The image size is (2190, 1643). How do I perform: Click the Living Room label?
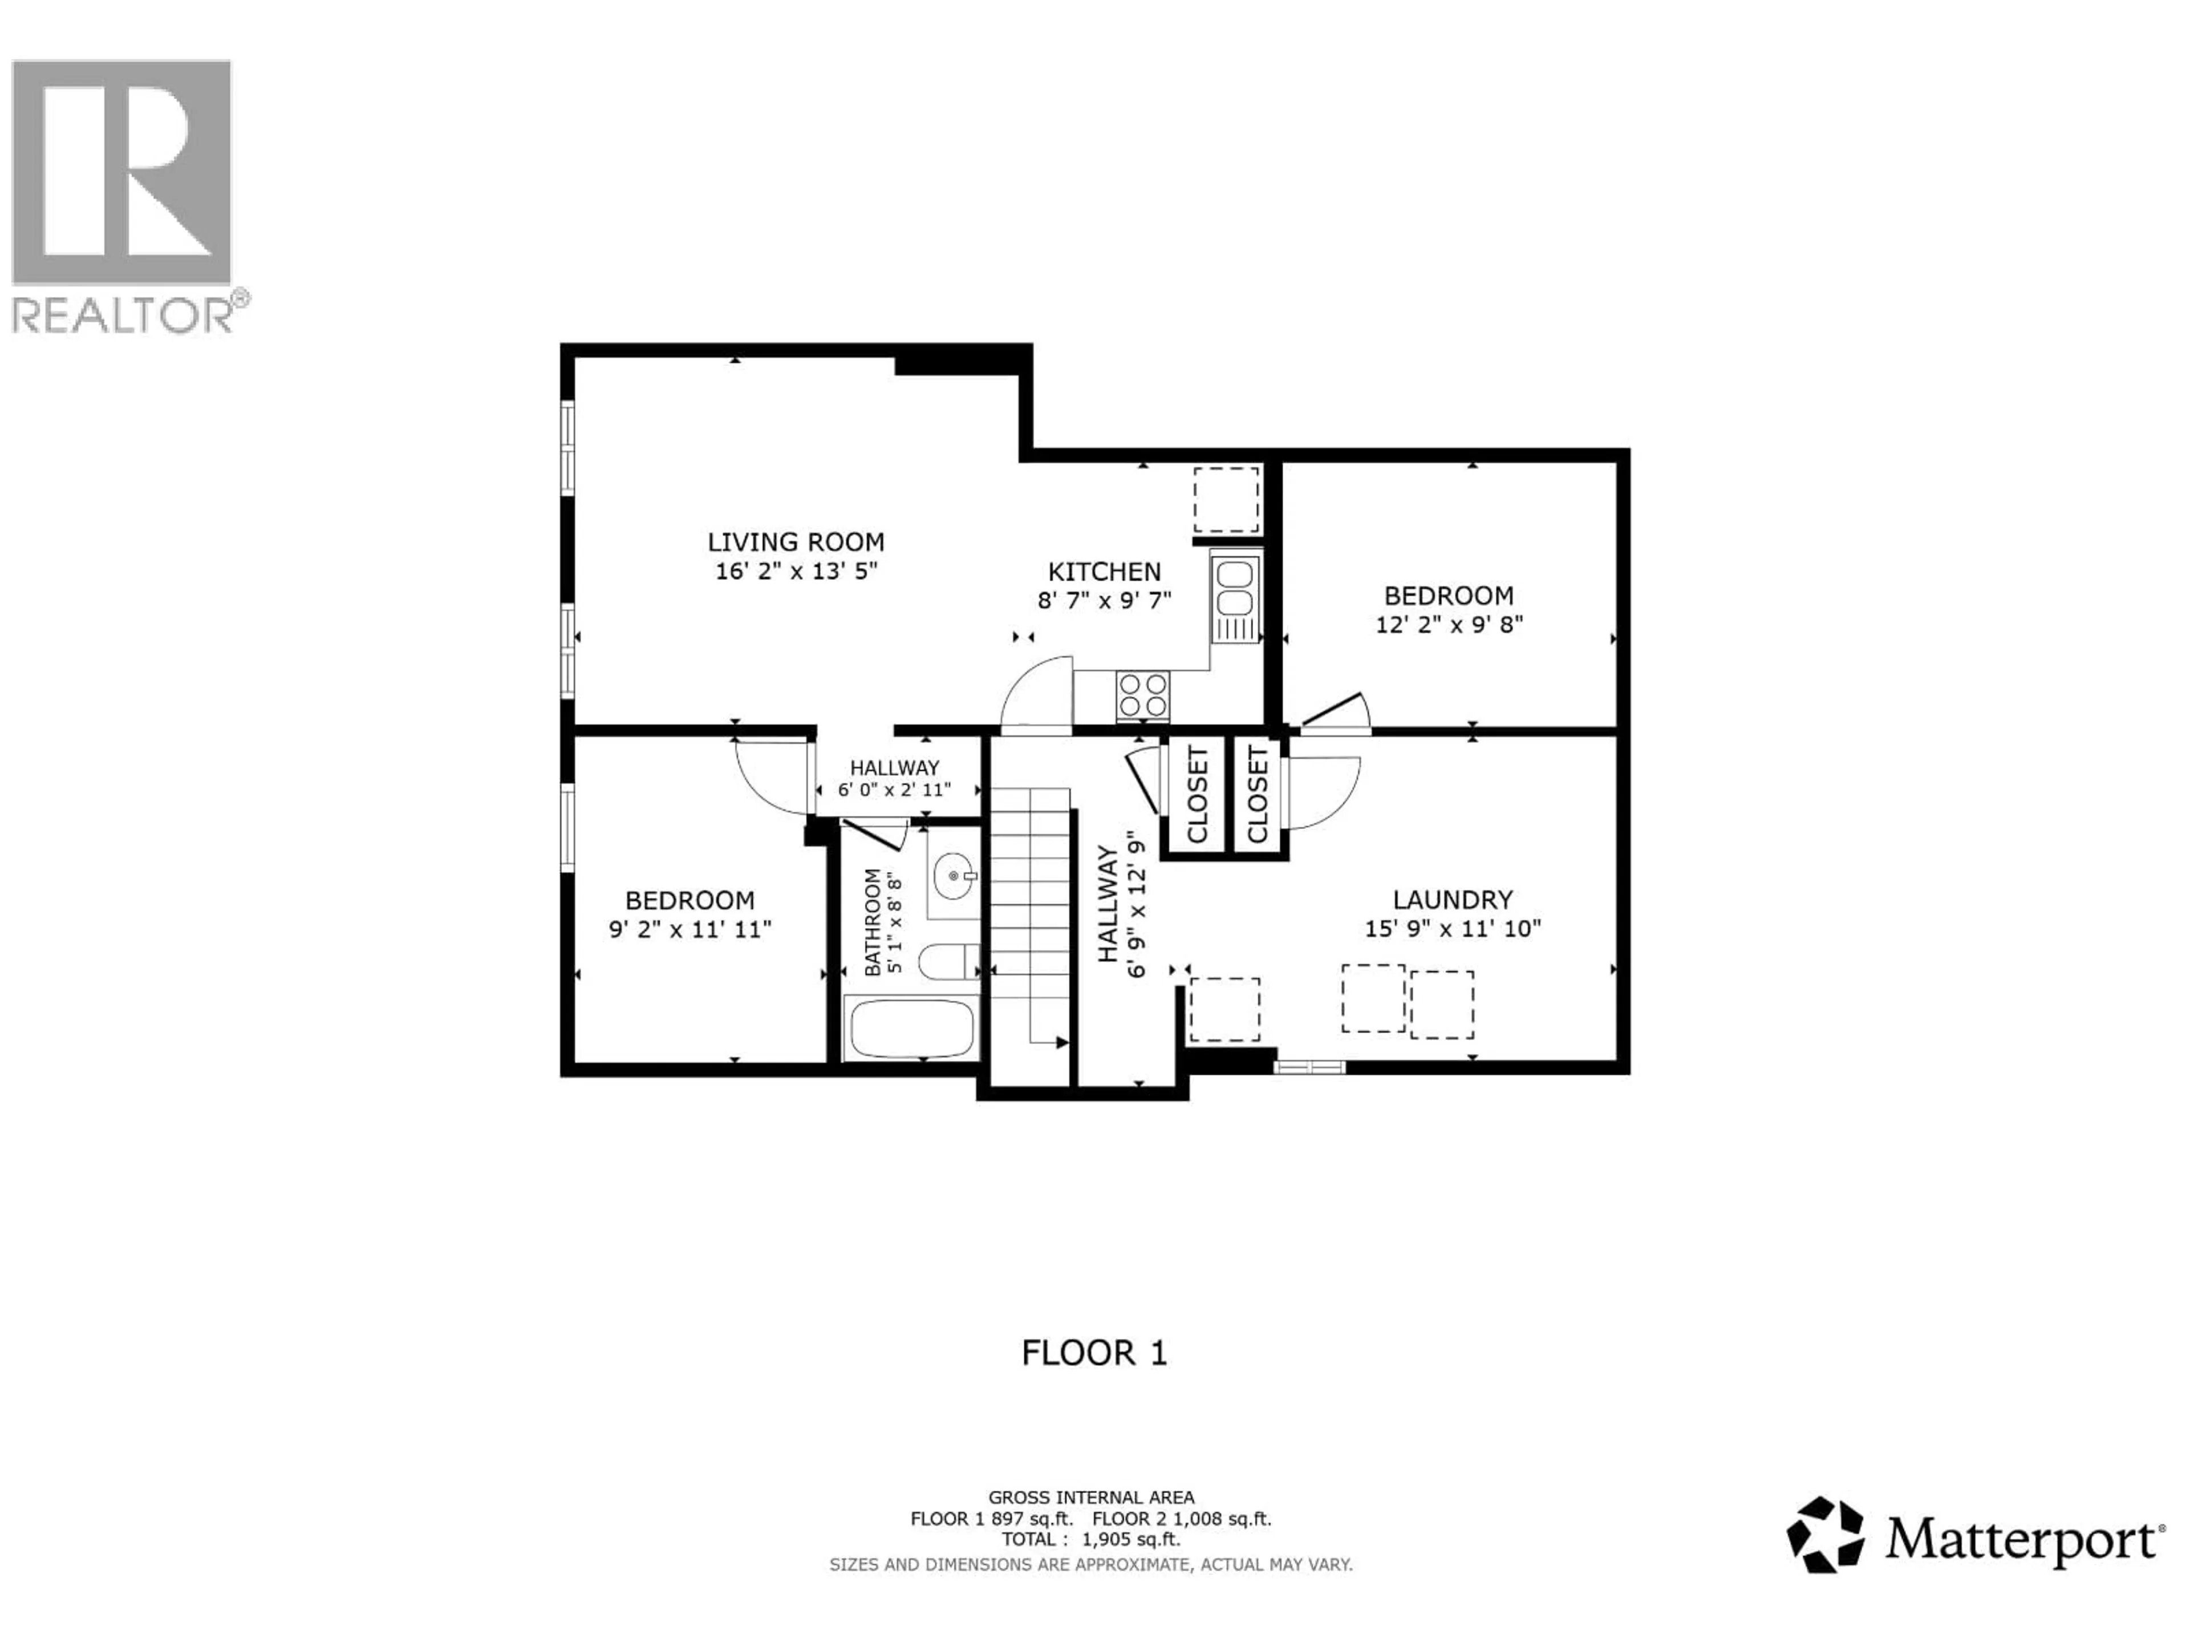click(795, 542)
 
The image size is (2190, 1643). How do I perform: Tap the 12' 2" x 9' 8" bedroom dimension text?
click(1449, 625)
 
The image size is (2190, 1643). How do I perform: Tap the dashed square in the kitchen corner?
click(1226, 500)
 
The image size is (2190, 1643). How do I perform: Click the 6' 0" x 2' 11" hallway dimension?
click(894, 790)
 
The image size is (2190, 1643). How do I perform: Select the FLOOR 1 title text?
click(1094, 1353)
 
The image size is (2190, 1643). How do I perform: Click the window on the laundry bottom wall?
click(1309, 1067)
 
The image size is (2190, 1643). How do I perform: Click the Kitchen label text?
click(1104, 572)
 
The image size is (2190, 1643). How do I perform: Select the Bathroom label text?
click(872, 922)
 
